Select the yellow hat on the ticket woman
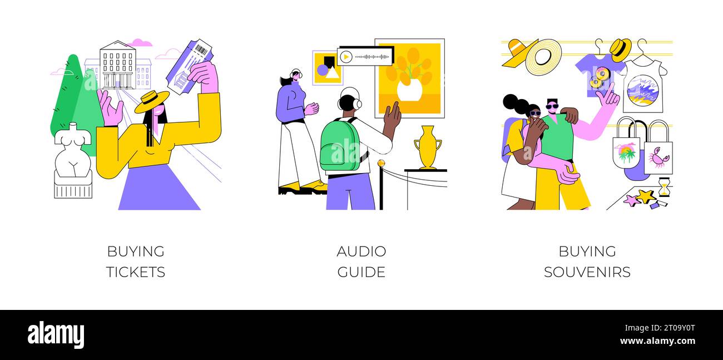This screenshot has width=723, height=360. (151, 101)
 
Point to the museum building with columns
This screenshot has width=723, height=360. (118, 66)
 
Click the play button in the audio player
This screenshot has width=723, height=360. (346, 57)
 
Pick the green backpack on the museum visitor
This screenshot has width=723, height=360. (340, 146)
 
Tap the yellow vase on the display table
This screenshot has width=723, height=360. (427, 147)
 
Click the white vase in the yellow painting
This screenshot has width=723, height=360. (409, 90)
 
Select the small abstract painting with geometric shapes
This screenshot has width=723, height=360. (327, 68)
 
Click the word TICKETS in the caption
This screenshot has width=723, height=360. (136, 272)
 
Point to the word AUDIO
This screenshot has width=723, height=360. (361, 251)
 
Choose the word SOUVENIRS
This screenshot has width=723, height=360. (587, 272)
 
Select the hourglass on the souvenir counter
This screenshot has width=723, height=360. (663, 188)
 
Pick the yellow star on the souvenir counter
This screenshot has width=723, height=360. (646, 196)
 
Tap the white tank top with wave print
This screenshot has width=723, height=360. (642, 86)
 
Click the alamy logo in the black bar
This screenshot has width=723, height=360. (56, 335)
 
